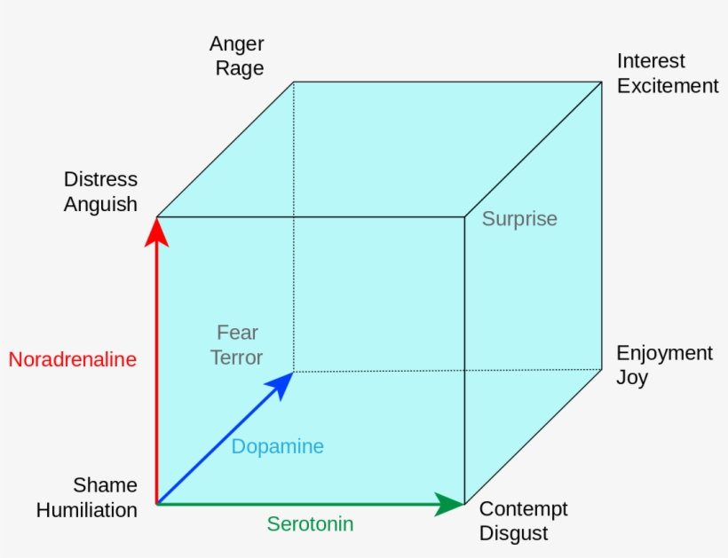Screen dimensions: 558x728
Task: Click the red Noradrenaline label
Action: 73,359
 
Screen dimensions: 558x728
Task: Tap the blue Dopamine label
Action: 277,446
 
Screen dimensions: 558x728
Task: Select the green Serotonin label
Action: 310,523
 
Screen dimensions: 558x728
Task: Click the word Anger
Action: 237,43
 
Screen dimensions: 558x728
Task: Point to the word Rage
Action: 240,68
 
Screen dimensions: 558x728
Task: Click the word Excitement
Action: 667,86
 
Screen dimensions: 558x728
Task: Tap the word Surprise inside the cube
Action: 519,218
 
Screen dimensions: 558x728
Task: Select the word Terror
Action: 237,358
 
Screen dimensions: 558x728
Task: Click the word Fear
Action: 237,333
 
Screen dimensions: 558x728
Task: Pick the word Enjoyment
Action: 664,353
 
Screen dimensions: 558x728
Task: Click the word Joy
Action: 632,378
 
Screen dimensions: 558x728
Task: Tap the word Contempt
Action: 523,509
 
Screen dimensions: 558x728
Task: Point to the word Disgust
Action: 513,534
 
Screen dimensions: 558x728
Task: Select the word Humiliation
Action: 87,510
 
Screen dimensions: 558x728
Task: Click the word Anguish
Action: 100,204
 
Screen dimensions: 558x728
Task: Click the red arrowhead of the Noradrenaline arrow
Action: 157,230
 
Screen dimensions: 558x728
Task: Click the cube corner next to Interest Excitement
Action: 601,82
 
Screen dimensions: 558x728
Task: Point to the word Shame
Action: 105,485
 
